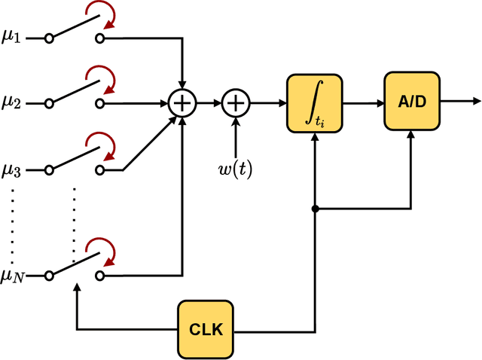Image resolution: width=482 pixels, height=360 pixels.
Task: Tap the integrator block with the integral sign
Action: click(313, 102)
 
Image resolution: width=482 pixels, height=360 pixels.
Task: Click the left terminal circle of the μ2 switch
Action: click(49, 102)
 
